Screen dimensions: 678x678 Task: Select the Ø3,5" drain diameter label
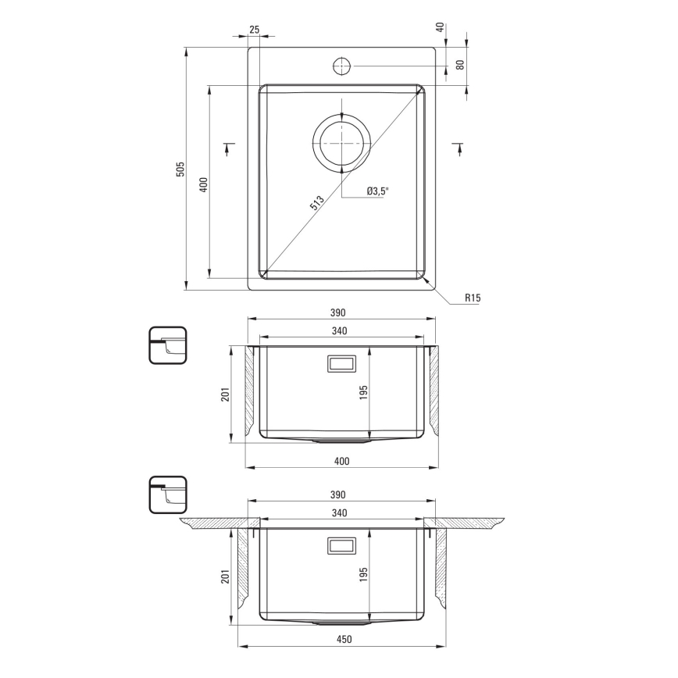(x=378, y=190)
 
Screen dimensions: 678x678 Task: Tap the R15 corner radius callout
(x=472, y=298)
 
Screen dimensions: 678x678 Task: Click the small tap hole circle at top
(x=341, y=65)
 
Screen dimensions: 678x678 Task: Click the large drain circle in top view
(x=342, y=145)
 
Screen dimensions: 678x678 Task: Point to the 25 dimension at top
(x=254, y=30)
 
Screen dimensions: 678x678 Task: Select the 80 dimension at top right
(x=461, y=65)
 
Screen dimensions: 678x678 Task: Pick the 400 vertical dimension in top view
(x=203, y=184)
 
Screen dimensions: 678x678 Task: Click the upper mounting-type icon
(x=167, y=345)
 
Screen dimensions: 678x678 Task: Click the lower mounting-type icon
(x=167, y=496)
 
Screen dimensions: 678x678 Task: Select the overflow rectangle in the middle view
(x=341, y=364)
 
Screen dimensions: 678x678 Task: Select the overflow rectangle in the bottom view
(x=341, y=545)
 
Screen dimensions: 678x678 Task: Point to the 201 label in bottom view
(x=225, y=576)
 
